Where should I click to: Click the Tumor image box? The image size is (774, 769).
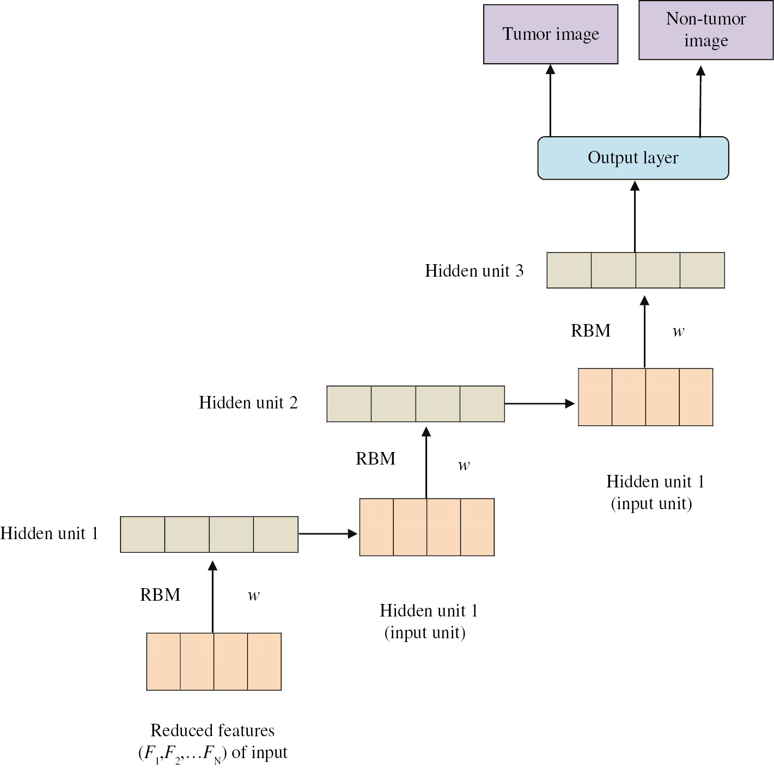[550, 34]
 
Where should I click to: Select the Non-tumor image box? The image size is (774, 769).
[705, 30]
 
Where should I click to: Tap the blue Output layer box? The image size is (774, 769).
[633, 158]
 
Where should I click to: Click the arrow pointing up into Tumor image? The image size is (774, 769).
[550, 101]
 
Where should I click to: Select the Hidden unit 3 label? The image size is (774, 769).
[474, 271]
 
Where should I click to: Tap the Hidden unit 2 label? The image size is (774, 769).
[248, 402]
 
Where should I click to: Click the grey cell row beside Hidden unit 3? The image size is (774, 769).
[635, 270]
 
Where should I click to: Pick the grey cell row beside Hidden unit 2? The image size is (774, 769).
[415, 404]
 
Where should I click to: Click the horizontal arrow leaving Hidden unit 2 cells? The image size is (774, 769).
[539, 404]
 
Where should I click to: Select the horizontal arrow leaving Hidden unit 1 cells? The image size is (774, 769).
[327, 534]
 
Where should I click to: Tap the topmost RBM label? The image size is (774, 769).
[590, 331]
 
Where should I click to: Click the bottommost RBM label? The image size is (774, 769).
[160, 595]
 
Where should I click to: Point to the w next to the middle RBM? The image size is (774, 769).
[464, 465]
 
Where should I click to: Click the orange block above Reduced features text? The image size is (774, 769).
[214, 661]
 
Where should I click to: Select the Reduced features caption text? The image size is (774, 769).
[212, 741]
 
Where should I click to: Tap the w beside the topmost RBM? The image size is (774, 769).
[678, 331]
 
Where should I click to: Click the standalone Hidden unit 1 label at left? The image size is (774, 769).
[49, 533]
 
